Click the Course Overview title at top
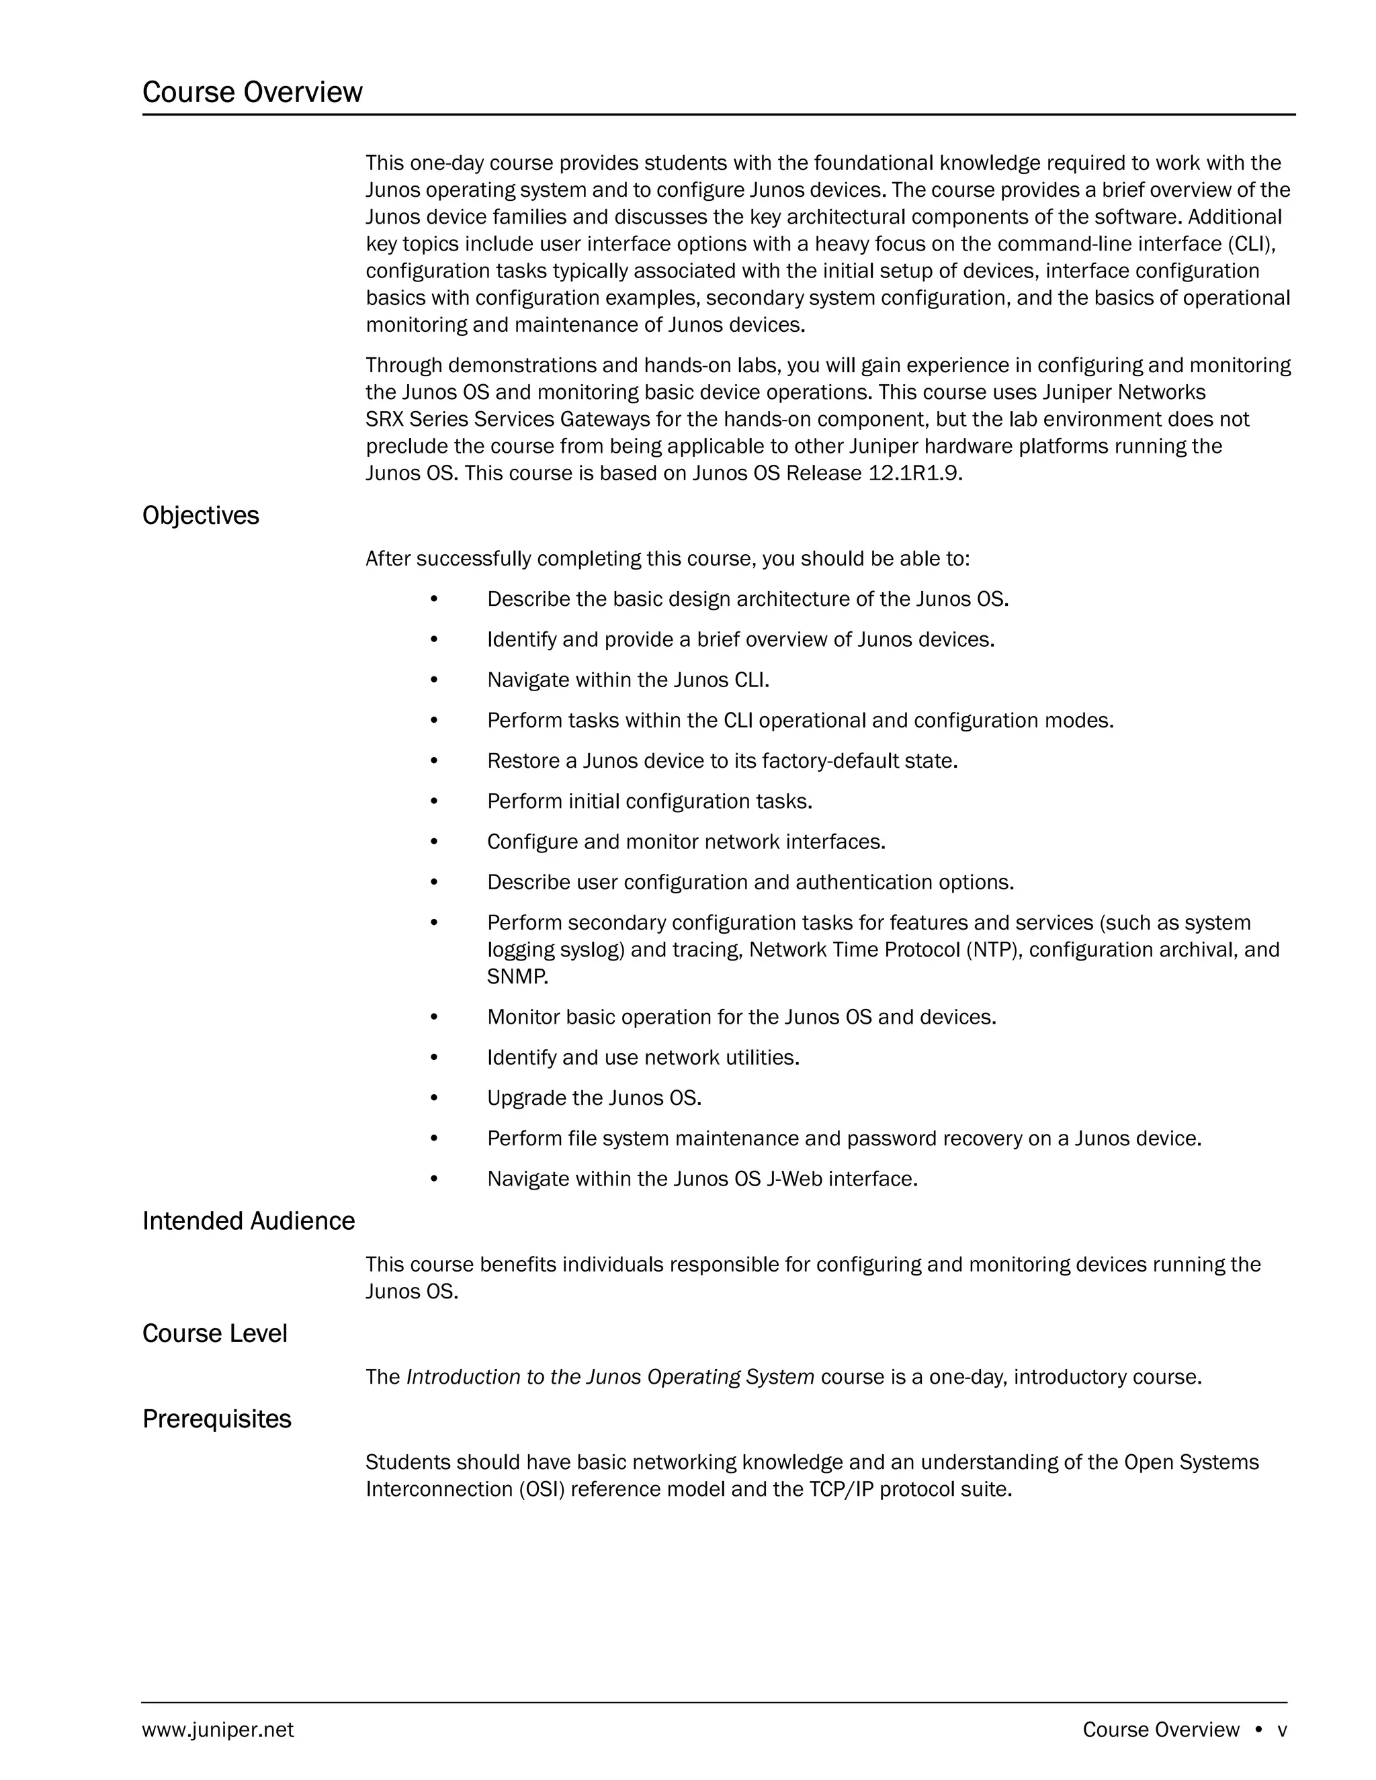(x=252, y=92)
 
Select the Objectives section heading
(x=200, y=516)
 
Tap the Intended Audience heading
(x=249, y=1221)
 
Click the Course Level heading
(x=214, y=1333)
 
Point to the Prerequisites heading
(x=217, y=1419)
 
